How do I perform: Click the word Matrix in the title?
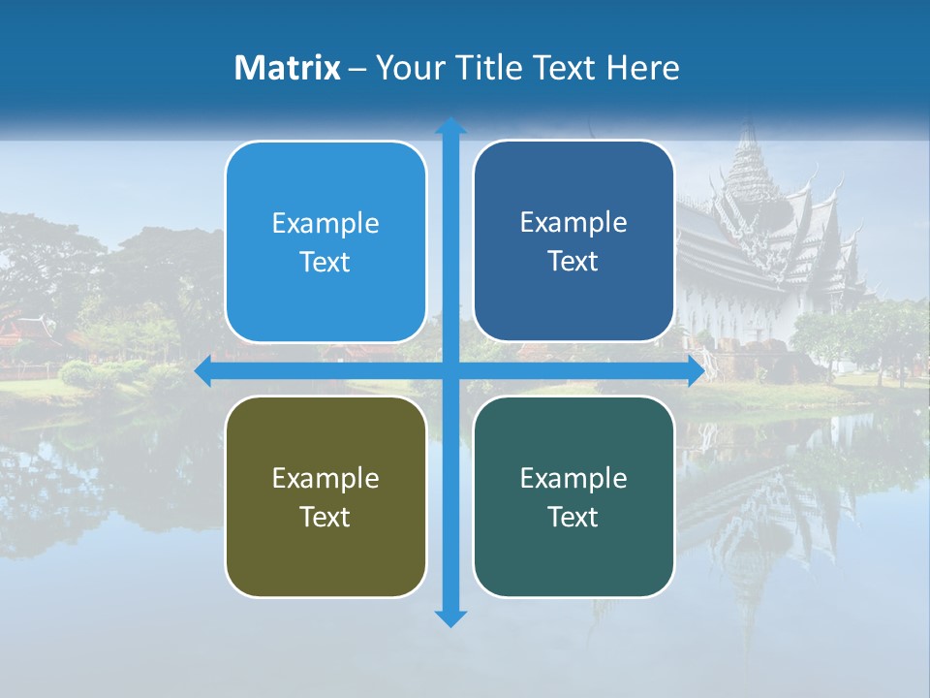(288, 68)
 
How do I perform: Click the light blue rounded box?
(325, 242)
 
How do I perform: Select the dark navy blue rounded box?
(573, 241)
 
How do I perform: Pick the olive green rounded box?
(325, 496)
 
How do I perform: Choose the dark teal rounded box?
(573, 496)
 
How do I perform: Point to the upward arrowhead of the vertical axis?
(449, 126)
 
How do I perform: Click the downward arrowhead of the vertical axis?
(449, 619)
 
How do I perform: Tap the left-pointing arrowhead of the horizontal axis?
(203, 371)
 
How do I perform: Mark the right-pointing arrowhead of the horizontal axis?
(695, 371)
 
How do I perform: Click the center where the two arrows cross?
(449, 371)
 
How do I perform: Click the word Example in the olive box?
(325, 478)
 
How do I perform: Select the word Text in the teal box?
(573, 517)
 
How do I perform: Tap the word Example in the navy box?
(573, 222)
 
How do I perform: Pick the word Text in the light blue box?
(325, 263)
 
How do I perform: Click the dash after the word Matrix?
(357, 69)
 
